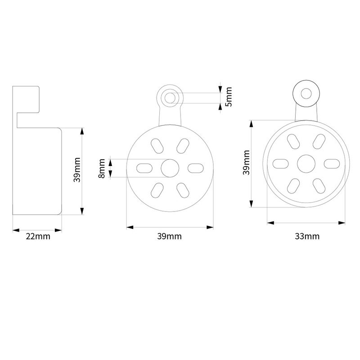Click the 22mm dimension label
[x=38, y=236]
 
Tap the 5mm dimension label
[x=229, y=97]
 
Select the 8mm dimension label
[x=102, y=168]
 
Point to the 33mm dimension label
[x=307, y=236]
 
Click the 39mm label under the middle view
[x=170, y=236]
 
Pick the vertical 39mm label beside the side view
[x=77, y=170]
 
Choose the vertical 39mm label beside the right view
[x=246, y=162]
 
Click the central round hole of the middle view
[x=170, y=168]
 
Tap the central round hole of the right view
[x=306, y=164]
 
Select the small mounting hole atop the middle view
[x=170, y=98]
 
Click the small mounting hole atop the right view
[x=306, y=94]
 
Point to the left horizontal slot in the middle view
[x=144, y=168]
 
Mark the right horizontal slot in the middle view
[x=196, y=168]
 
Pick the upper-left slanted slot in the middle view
[x=157, y=146]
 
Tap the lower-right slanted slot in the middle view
[x=183, y=190]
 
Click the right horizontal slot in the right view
[x=332, y=164]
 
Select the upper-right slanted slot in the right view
[x=319, y=141]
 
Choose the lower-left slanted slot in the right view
[x=293, y=186]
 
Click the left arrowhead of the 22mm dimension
[x=16, y=230]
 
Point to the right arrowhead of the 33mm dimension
[x=342, y=223]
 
